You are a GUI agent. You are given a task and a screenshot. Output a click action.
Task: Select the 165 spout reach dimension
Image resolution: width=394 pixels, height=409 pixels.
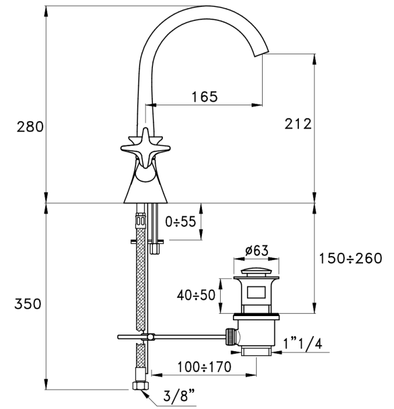[204, 96]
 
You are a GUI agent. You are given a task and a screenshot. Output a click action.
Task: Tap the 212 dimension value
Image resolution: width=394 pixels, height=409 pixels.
[298, 124]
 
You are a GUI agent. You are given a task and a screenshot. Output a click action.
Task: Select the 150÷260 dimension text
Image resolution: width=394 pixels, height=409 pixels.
[350, 258]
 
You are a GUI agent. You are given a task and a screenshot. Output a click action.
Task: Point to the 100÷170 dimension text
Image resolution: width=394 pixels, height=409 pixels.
[204, 367]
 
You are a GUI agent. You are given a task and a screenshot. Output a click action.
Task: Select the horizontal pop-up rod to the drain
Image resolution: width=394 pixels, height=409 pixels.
[187, 337]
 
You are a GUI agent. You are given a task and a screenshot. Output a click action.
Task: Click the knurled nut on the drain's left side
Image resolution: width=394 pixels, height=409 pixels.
[232, 337]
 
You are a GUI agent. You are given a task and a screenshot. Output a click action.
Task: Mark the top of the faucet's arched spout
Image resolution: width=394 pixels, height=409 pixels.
[205, 9]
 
